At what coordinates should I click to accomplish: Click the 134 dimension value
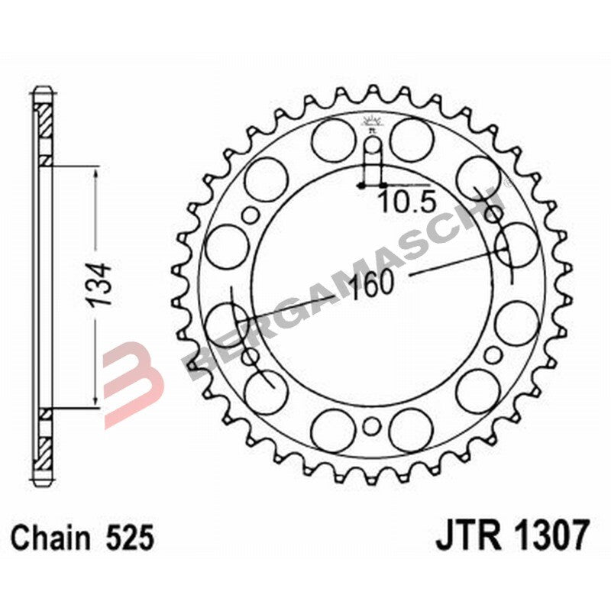[x=102, y=286]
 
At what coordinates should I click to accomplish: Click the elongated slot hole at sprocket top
[x=372, y=162]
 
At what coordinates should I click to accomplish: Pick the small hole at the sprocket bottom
[x=372, y=426]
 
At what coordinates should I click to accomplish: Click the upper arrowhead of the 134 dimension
[x=95, y=174]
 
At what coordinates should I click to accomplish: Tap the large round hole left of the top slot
[x=333, y=141]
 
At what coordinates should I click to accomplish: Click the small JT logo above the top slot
[x=372, y=122]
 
